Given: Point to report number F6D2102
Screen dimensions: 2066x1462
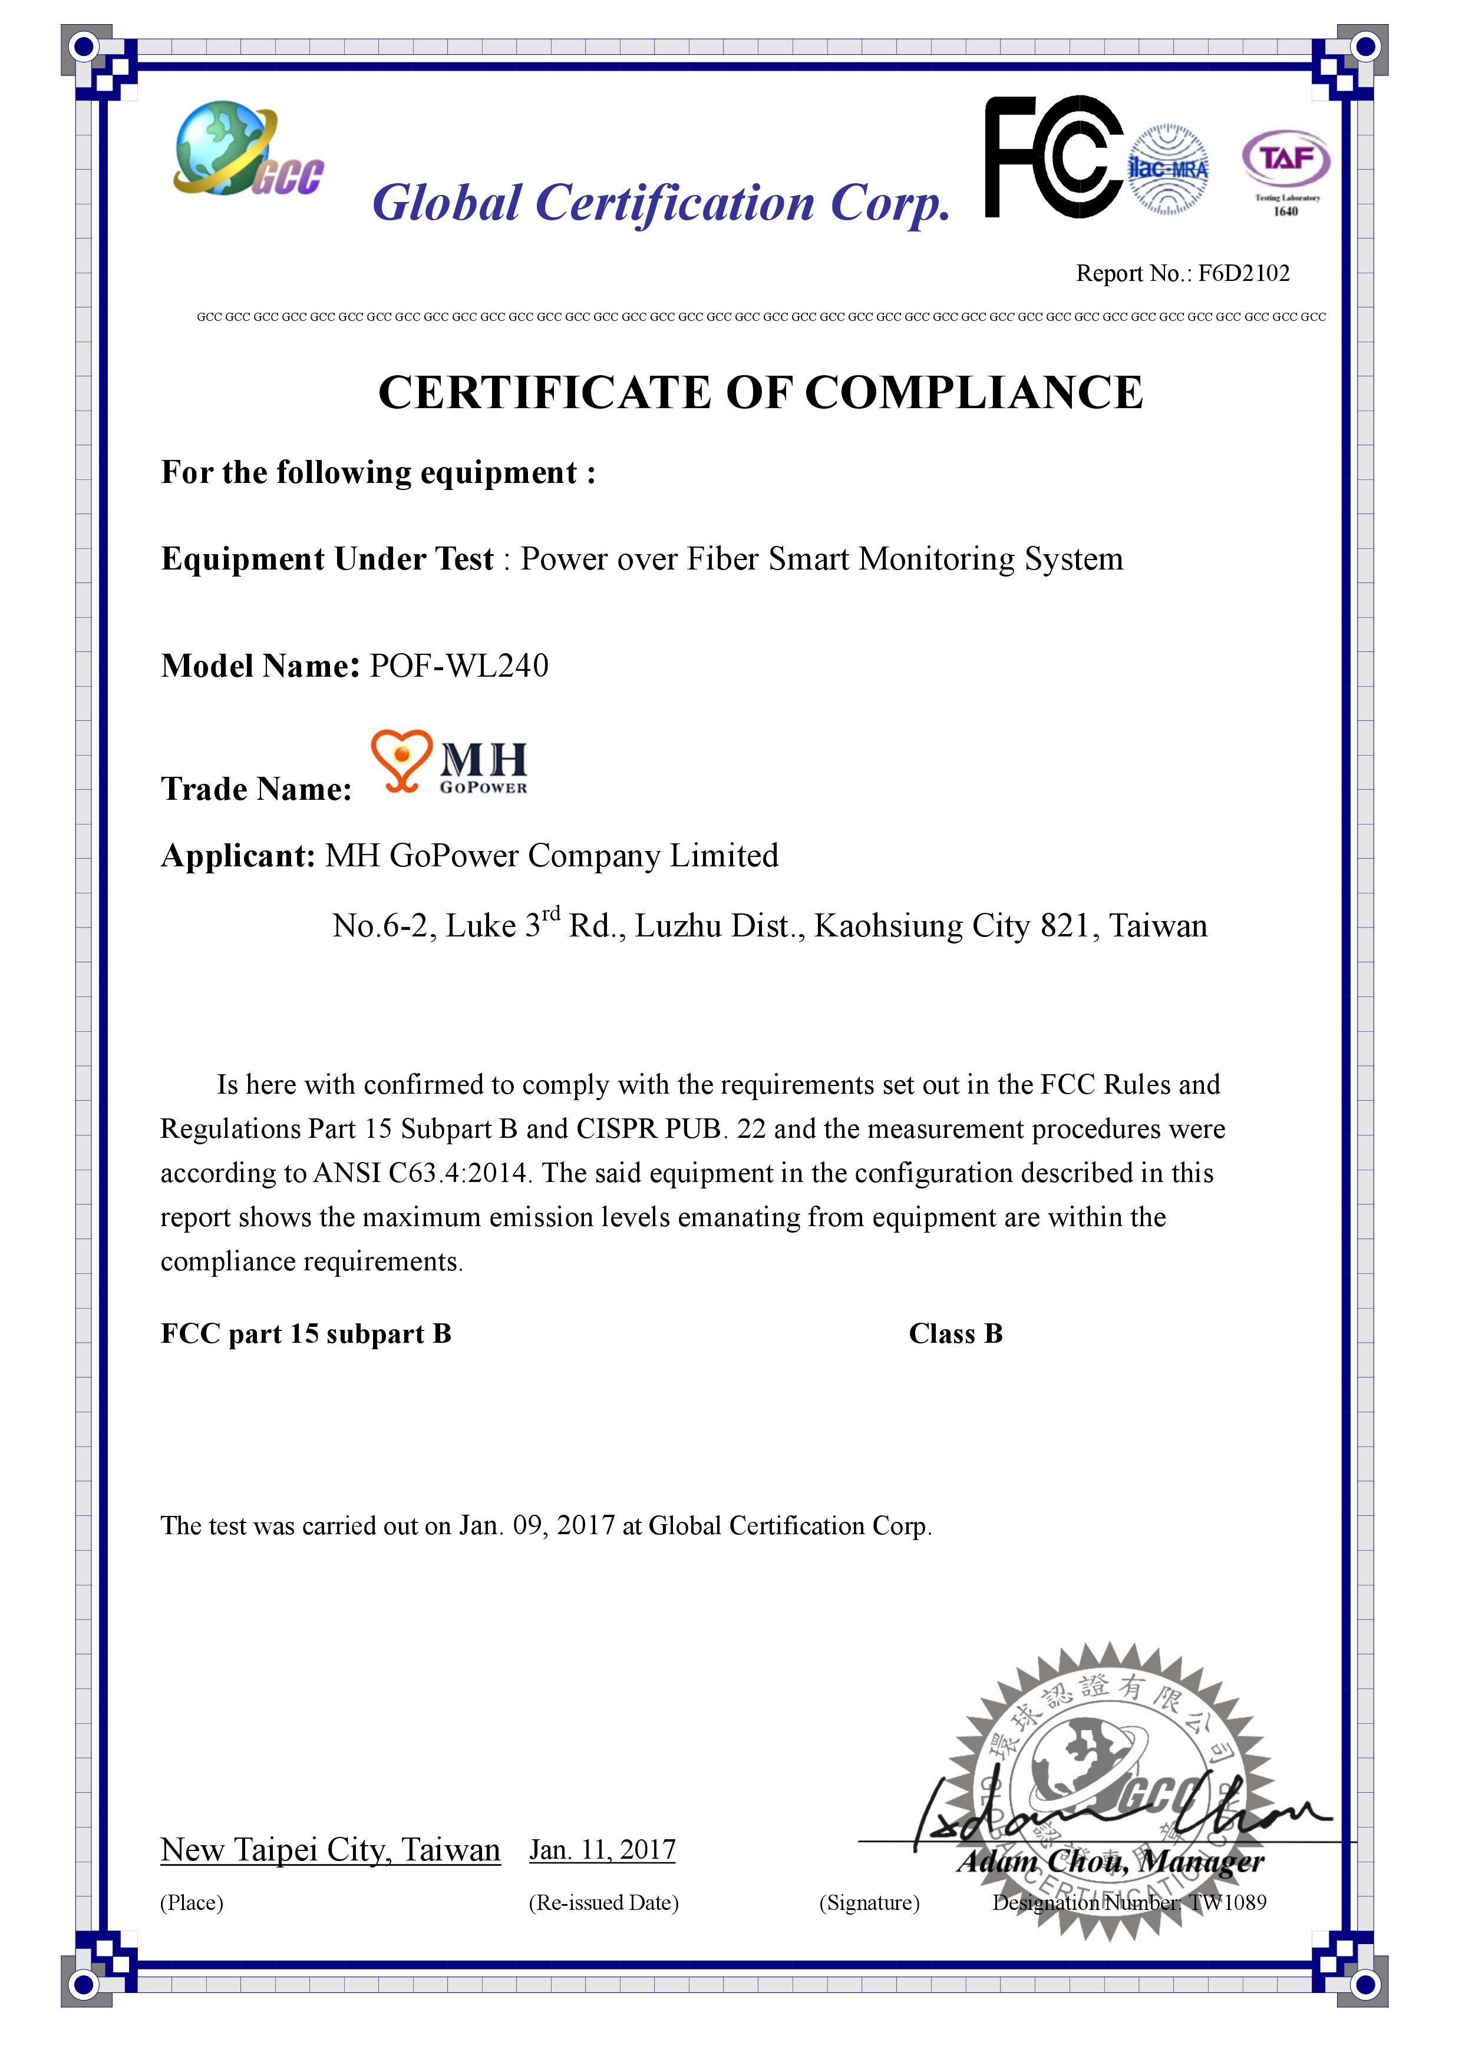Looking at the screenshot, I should [1243, 273].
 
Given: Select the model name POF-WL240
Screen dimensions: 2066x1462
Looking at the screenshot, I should [459, 666].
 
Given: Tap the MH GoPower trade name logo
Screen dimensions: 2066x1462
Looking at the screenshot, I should [450, 761].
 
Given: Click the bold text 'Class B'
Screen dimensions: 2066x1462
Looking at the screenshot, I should [955, 1333].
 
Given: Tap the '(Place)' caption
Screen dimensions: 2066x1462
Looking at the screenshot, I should [192, 1902].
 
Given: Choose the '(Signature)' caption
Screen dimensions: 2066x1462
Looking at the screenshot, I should [869, 1902].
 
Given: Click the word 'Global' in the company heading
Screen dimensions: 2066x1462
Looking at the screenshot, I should [447, 203].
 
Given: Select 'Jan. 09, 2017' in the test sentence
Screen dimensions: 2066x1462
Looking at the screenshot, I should [537, 1526].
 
